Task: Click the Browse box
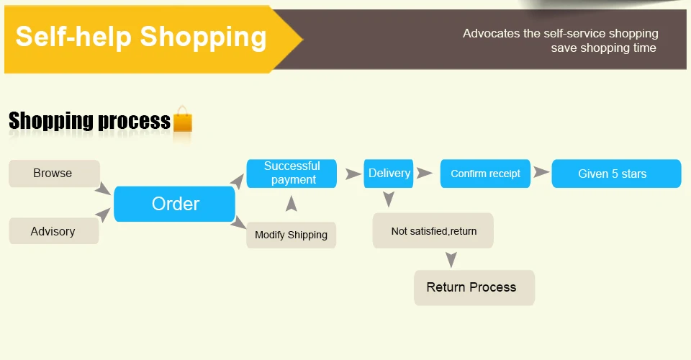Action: coord(54,174)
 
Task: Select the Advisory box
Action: coord(54,231)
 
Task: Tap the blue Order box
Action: coord(174,204)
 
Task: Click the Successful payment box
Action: coord(292,174)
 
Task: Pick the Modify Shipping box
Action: coord(292,235)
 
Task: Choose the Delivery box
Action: coord(389,174)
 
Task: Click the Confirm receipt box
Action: coord(485,174)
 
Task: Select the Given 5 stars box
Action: coord(617,174)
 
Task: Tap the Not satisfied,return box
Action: coord(433,230)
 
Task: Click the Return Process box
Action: coord(474,288)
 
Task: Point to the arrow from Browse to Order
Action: coord(103,189)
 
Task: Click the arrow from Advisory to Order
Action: coord(103,215)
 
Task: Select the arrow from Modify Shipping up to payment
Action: coord(292,204)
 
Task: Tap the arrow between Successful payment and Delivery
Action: coord(353,174)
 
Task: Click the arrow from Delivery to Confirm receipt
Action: coord(424,174)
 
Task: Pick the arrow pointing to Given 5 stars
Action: coord(541,172)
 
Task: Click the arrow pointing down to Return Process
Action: coord(451,259)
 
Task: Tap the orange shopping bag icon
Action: coord(183,119)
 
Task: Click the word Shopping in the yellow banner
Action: coord(203,37)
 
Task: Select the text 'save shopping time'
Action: coord(603,48)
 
